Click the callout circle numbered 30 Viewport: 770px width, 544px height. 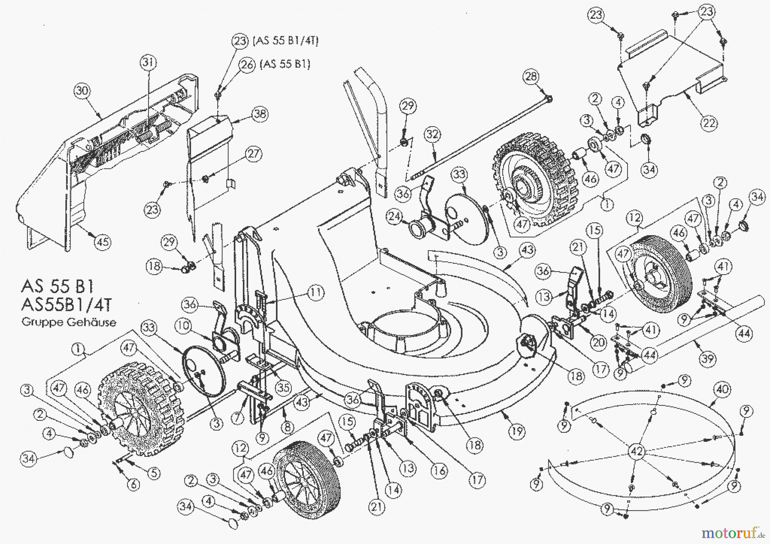(x=82, y=91)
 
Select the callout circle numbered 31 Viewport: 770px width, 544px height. (x=148, y=63)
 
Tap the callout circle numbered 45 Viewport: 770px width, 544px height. (x=102, y=242)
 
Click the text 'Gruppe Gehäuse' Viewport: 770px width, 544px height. (x=69, y=322)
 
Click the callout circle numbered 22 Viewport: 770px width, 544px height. (x=709, y=123)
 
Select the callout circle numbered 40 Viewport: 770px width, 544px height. (x=723, y=390)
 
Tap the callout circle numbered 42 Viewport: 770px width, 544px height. (x=637, y=451)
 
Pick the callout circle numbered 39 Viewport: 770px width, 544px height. (x=708, y=358)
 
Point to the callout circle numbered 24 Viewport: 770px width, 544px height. (x=394, y=217)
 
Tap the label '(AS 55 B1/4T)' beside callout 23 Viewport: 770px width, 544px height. (x=286, y=41)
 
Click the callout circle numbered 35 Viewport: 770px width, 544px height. (x=283, y=388)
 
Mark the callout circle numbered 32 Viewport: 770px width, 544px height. (x=432, y=134)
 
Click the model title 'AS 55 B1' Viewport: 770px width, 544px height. (x=57, y=286)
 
